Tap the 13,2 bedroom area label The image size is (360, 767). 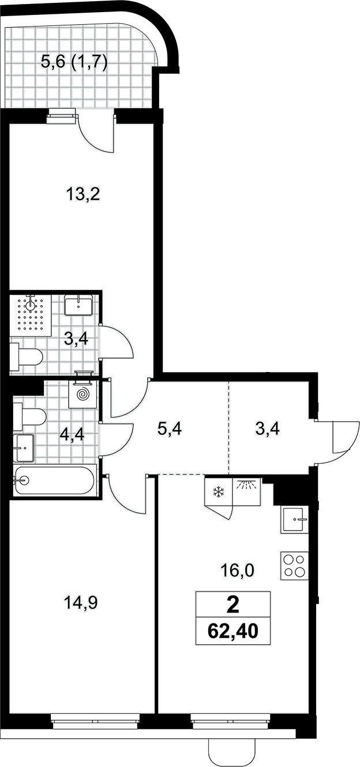point(82,195)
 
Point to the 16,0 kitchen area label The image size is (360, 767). point(237,570)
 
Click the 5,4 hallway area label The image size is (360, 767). point(170,428)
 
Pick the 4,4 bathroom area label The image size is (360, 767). point(72,435)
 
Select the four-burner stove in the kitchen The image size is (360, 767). point(295,566)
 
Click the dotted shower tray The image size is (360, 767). point(31,315)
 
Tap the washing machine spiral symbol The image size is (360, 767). point(82,395)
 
